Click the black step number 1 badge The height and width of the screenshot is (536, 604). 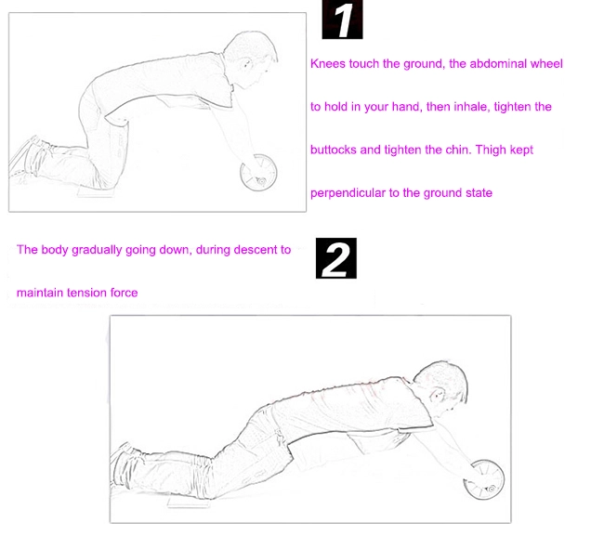(342, 20)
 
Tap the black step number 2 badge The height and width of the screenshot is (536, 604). (336, 258)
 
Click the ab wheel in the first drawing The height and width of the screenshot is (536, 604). (258, 172)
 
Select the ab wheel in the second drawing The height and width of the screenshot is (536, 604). (484, 479)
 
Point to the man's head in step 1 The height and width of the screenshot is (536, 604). (251, 59)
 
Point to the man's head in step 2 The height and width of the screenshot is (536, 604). (443, 388)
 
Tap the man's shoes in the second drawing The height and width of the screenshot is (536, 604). (123, 462)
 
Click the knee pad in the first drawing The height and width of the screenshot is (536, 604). (97, 192)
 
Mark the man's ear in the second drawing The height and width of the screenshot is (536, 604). (438, 396)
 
